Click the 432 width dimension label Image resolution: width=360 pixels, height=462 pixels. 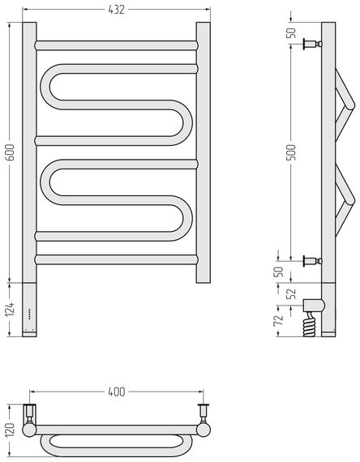pos(117,10)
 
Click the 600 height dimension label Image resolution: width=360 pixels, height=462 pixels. pos(11,152)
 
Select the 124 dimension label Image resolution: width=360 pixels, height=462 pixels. pos(11,310)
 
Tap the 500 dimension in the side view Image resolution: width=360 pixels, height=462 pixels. pos(291,152)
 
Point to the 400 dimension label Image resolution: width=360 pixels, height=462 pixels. pos(117,391)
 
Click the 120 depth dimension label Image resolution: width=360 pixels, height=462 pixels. pos(10,430)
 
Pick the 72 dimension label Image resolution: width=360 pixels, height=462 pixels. pos(279,319)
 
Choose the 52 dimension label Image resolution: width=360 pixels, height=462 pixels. pos(292,293)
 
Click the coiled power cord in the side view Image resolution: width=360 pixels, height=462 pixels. pos(310,325)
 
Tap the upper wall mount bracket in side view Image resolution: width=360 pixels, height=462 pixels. pos(312,45)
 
